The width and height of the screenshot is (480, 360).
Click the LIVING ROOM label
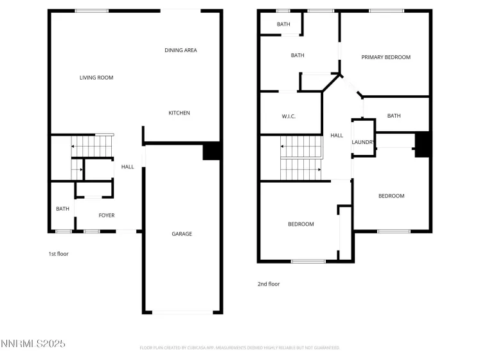click(96, 78)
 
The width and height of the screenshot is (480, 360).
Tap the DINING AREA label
click(181, 50)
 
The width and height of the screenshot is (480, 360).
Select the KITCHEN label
click(179, 113)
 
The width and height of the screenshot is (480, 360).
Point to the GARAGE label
click(182, 234)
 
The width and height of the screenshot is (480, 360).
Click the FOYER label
click(107, 215)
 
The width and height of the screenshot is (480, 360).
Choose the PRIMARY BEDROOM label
click(386, 57)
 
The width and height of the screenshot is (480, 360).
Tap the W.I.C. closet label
click(289, 116)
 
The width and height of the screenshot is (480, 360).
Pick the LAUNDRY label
click(364, 143)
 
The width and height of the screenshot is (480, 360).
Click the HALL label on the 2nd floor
click(337, 136)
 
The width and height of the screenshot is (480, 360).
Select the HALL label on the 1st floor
click(128, 167)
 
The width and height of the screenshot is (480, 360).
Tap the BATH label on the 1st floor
click(62, 208)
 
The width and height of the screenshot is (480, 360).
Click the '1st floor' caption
click(58, 254)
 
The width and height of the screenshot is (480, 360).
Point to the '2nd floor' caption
click(269, 283)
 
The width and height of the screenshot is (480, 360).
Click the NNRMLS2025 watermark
click(34, 346)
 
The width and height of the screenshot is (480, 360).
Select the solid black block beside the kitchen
click(212, 151)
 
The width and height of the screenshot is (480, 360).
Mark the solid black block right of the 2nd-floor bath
click(422, 143)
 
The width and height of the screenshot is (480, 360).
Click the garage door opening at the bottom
click(182, 312)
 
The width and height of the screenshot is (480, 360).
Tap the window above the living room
click(92, 11)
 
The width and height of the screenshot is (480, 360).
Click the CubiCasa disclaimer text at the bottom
click(240, 348)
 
